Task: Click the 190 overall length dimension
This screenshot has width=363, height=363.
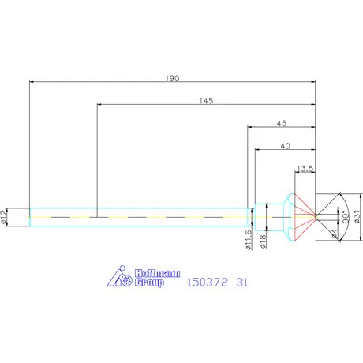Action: point(173,78)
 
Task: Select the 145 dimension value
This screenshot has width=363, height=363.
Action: point(206,101)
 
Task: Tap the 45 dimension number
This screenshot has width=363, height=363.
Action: point(281,123)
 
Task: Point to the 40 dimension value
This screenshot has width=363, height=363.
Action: point(285,146)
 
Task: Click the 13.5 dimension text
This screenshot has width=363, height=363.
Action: point(305,168)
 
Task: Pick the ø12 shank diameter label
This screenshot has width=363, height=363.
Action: point(6,216)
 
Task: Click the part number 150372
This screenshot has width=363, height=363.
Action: point(208,280)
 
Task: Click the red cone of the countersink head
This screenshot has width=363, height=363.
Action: point(305,211)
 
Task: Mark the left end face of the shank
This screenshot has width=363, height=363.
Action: point(30,216)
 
